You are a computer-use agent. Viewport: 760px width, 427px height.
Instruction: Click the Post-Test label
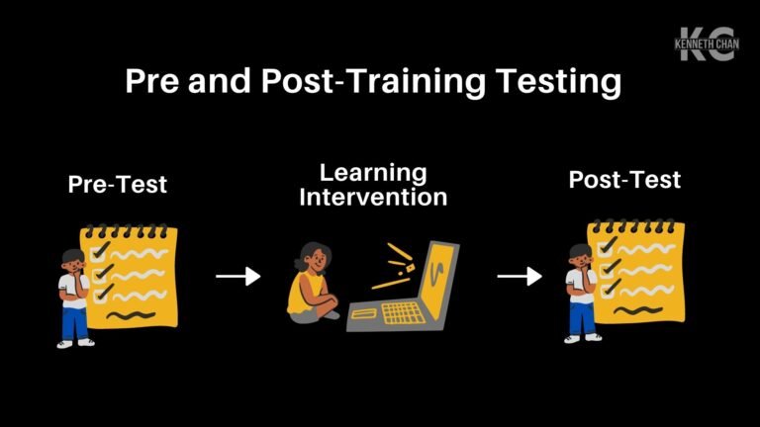click(x=624, y=180)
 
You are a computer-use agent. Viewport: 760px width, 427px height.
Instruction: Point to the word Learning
click(x=373, y=172)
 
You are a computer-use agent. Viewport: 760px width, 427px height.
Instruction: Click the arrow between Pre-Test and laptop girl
click(x=237, y=277)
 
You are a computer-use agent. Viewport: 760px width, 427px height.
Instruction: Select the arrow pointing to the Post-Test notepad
click(x=519, y=277)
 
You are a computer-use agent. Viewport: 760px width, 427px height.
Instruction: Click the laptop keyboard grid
click(x=402, y=313)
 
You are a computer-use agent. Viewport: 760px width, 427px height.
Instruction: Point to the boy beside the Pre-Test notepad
click(x=73, y=297)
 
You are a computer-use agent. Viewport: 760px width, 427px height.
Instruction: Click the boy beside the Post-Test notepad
click(x=580, y=293)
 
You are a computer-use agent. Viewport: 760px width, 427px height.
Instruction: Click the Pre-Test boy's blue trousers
click(x=73, y=323)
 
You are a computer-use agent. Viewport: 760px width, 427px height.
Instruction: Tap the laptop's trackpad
click(x=363, y=314)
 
